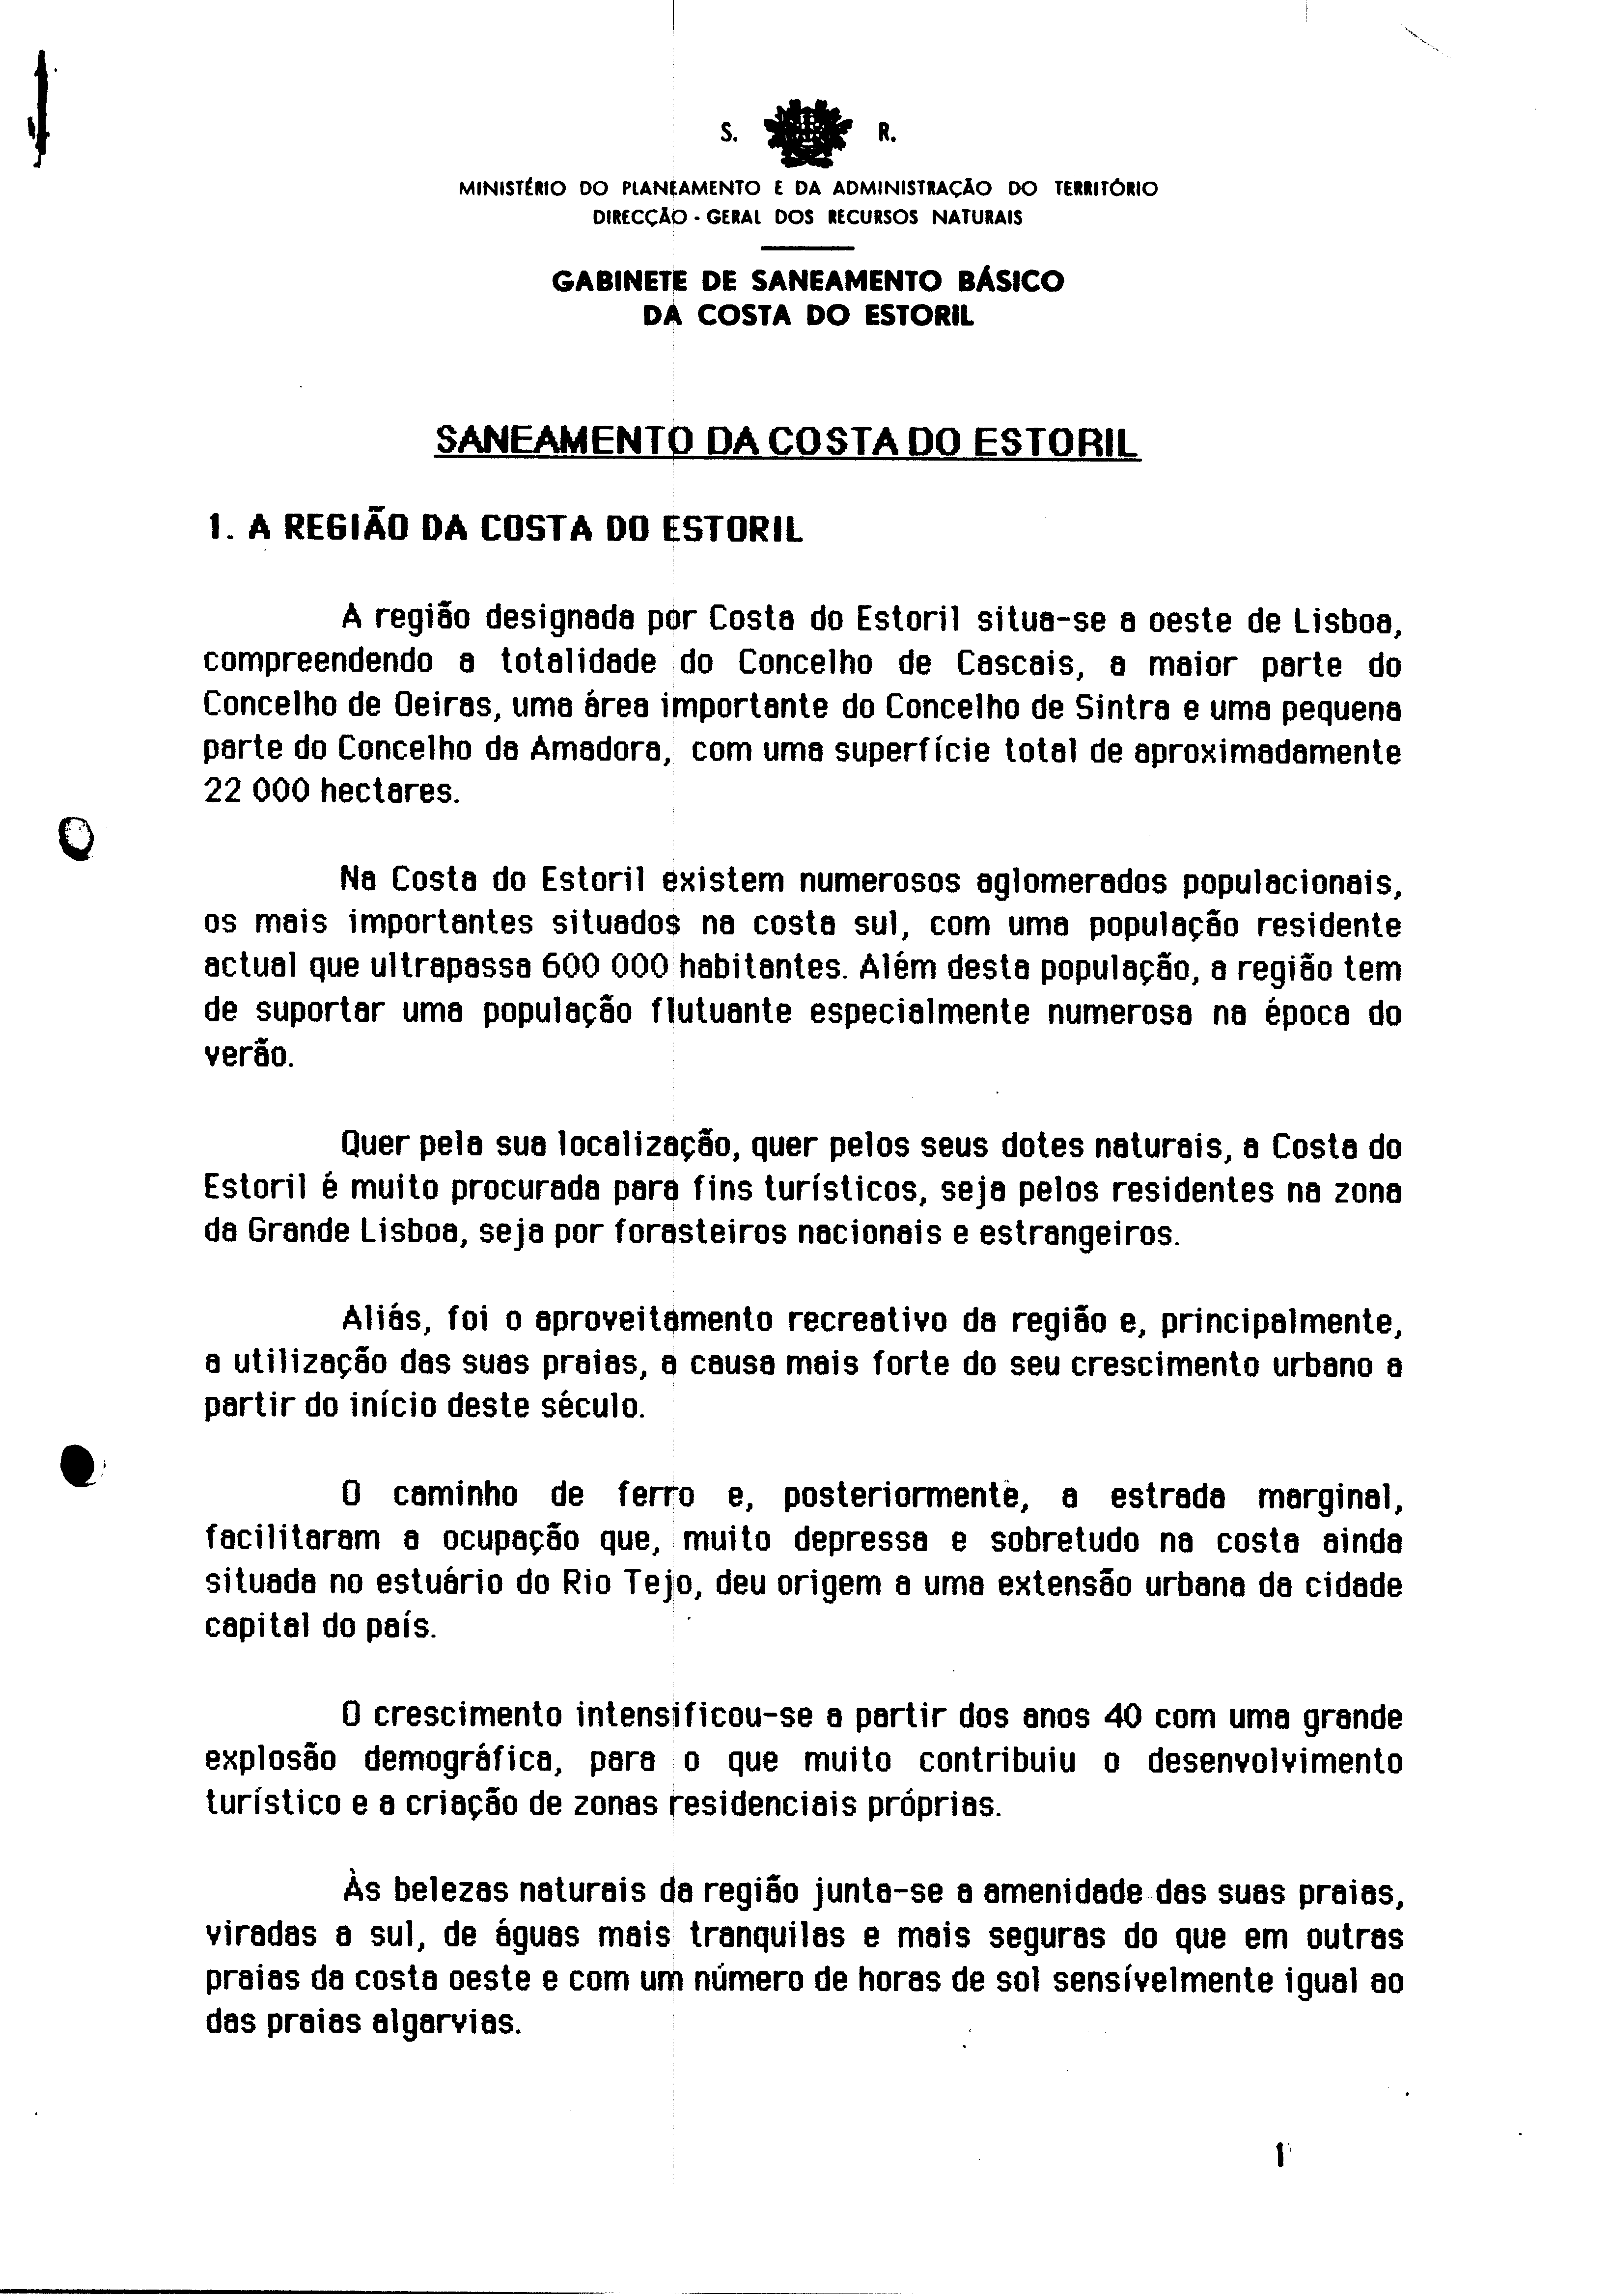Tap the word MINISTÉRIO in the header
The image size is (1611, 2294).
point(512,188)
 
